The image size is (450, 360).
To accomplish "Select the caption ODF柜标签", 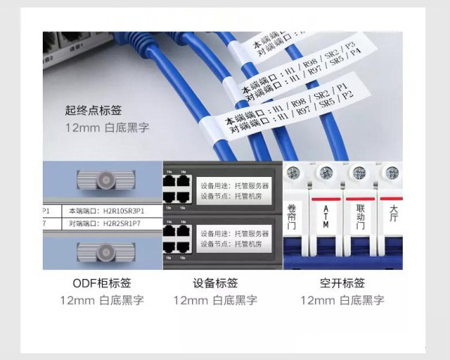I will click(x=102, y=283).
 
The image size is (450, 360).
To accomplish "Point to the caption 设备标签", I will click(x=215, y=283).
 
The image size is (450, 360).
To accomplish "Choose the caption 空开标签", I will click(x=342, y=283).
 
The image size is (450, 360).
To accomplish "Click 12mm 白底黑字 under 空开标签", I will click(x=342, y=300).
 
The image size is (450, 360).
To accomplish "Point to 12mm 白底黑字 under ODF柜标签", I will click(x=102, y=300).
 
